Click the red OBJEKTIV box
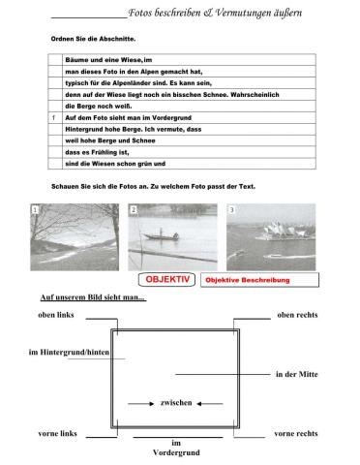[x=167, y=279]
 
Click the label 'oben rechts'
[x=297, y=315]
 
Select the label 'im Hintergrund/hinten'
[x=55, y=351]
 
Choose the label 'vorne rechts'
[x=296, y=433]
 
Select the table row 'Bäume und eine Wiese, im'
[x=116, y=60]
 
